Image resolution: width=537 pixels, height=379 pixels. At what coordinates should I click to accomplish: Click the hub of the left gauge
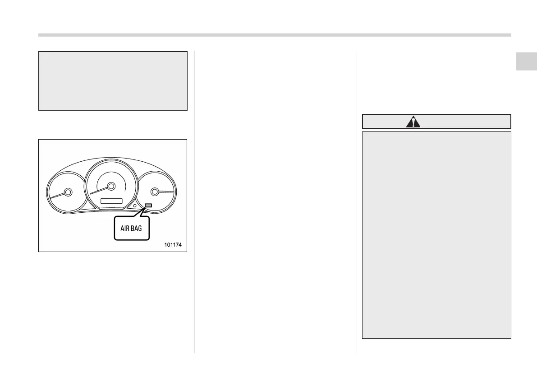coord(68,192)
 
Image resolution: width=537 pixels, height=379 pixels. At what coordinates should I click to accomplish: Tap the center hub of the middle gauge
coord(110,186)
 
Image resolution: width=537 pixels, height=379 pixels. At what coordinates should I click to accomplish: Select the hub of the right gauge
coord(155,192)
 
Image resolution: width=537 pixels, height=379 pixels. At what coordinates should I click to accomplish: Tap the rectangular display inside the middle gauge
coord(111,200)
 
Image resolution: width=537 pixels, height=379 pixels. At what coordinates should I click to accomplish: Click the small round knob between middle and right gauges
coord(135,206)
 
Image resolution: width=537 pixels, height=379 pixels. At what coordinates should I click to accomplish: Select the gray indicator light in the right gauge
coord(148,206)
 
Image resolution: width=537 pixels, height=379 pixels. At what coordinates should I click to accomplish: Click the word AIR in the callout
coord(125,229)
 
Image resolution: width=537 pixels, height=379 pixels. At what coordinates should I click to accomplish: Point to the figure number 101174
coord(174,245)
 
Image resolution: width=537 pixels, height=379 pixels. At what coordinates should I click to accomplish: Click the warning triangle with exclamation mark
coord(413,122)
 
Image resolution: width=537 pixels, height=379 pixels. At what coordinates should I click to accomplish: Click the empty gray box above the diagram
coord(113,81)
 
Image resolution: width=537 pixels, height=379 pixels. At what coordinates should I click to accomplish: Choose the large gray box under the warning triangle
coord(436,235)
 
